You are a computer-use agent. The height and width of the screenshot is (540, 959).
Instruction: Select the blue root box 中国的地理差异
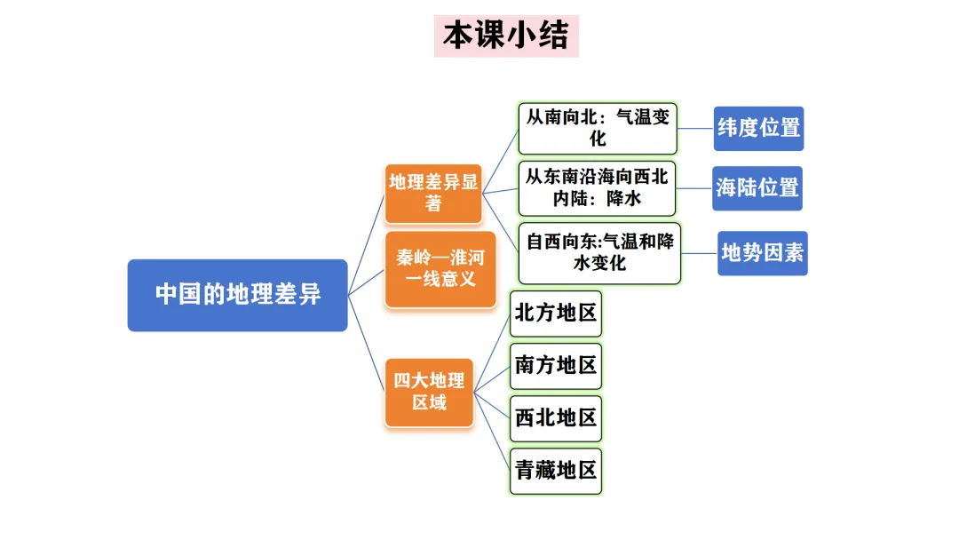pyautogui.click(x=237, y=295)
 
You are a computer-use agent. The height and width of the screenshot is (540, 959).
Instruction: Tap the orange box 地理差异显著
pyautogui.click(x=433, y=193)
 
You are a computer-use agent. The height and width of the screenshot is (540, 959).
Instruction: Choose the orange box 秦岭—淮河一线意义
pyautogui.click(x=440, y=269)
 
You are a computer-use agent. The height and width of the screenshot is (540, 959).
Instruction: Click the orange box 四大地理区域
pyautogui.click(x=429, y=392)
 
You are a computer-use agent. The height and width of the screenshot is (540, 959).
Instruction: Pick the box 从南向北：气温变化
pyautogui.click(x=598, y=128)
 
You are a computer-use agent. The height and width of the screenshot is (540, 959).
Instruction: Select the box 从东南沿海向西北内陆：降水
pyautogui.click(x=598, y=187)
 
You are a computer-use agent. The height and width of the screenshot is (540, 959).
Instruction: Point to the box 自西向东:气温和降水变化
pyautogui.click(x=599, y=252)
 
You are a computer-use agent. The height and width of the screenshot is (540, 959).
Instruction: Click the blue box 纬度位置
pyautogui.click(x=758, y=128)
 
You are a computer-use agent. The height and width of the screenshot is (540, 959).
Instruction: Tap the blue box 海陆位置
pyautogui.click(x=757, y=188)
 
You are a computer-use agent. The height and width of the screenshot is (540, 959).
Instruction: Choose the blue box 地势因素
pyautogui.click(x=762, y=253)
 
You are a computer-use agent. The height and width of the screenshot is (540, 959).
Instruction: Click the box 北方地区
pyautogui.click(x=556, y=314)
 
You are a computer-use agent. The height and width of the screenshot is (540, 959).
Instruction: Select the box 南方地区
pyautogui.click(x=556, y=365)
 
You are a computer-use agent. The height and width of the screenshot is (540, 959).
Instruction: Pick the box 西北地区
pyautogui.click(x=556, y=417)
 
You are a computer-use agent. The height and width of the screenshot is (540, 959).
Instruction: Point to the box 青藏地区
pyautogui.click(x=556, y=470)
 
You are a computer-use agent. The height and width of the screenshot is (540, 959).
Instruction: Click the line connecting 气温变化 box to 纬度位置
pyautogui.click(x=696, y=128)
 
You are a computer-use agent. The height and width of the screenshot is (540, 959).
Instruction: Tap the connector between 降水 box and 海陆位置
pyautogui.click(x=695, y=187)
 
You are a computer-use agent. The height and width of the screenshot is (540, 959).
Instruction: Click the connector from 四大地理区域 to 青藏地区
pyautogui.click(x=492, y=430)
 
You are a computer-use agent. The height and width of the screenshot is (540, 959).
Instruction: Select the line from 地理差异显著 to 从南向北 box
pyautogui.click(x=500, y=161)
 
